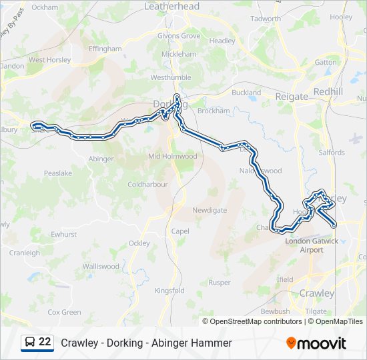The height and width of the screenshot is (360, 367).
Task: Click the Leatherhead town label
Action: pos(172,6)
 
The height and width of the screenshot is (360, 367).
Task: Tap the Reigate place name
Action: pos(292,97)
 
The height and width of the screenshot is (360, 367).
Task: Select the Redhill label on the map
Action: pos(328,91)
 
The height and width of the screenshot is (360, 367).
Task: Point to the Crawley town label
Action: pos(317,293)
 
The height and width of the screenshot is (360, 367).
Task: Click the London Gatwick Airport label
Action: pos(312,245)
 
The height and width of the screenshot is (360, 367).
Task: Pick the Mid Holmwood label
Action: pos(172,156)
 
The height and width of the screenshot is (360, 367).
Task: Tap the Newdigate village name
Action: pos(210,210)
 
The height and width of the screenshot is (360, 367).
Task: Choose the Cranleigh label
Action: pos(25,253)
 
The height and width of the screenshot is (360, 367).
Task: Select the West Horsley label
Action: pos(49,59)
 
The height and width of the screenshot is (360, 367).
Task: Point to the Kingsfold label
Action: pos(169,291)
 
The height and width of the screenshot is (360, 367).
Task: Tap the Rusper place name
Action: pos(220,282)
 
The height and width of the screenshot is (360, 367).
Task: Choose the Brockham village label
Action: pos(214,111)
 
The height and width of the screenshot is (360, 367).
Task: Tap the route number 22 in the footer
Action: pos(45,342)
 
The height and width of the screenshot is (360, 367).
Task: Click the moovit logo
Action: pos(316,343)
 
